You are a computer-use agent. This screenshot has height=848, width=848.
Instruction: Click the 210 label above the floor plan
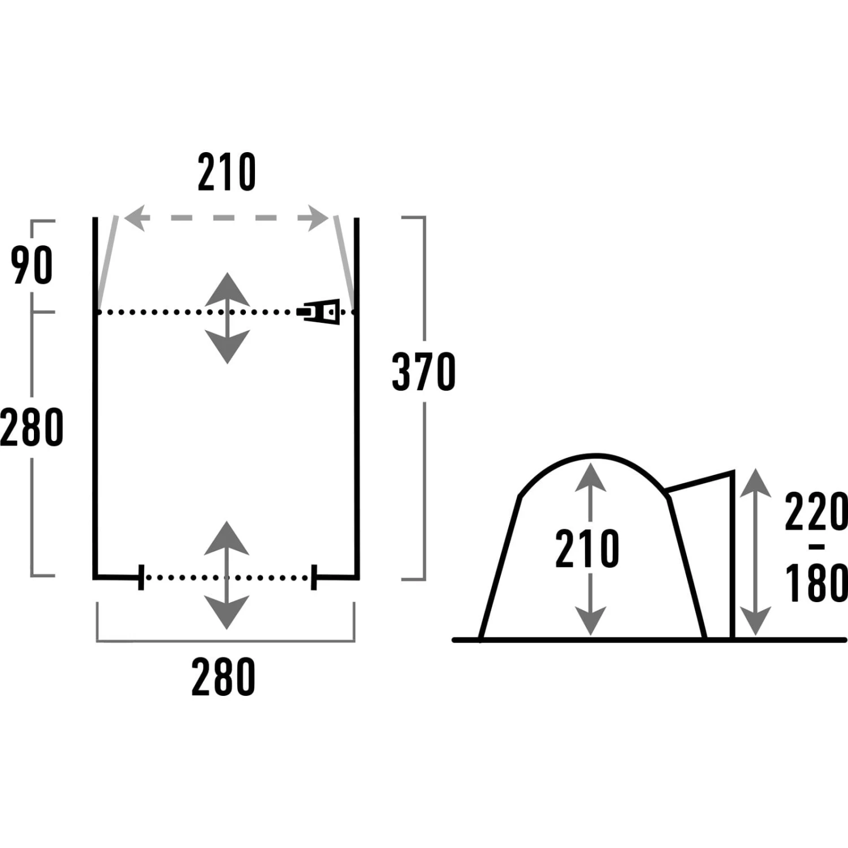227,172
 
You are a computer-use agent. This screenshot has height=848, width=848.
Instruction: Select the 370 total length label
423,371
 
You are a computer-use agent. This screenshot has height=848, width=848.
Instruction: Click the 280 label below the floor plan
223,676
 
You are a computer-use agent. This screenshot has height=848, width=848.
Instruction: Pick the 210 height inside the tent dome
587,548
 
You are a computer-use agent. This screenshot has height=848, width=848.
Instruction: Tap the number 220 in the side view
816,511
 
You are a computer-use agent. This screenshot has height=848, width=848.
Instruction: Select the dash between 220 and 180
816,547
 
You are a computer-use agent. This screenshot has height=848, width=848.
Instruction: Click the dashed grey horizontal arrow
226,218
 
